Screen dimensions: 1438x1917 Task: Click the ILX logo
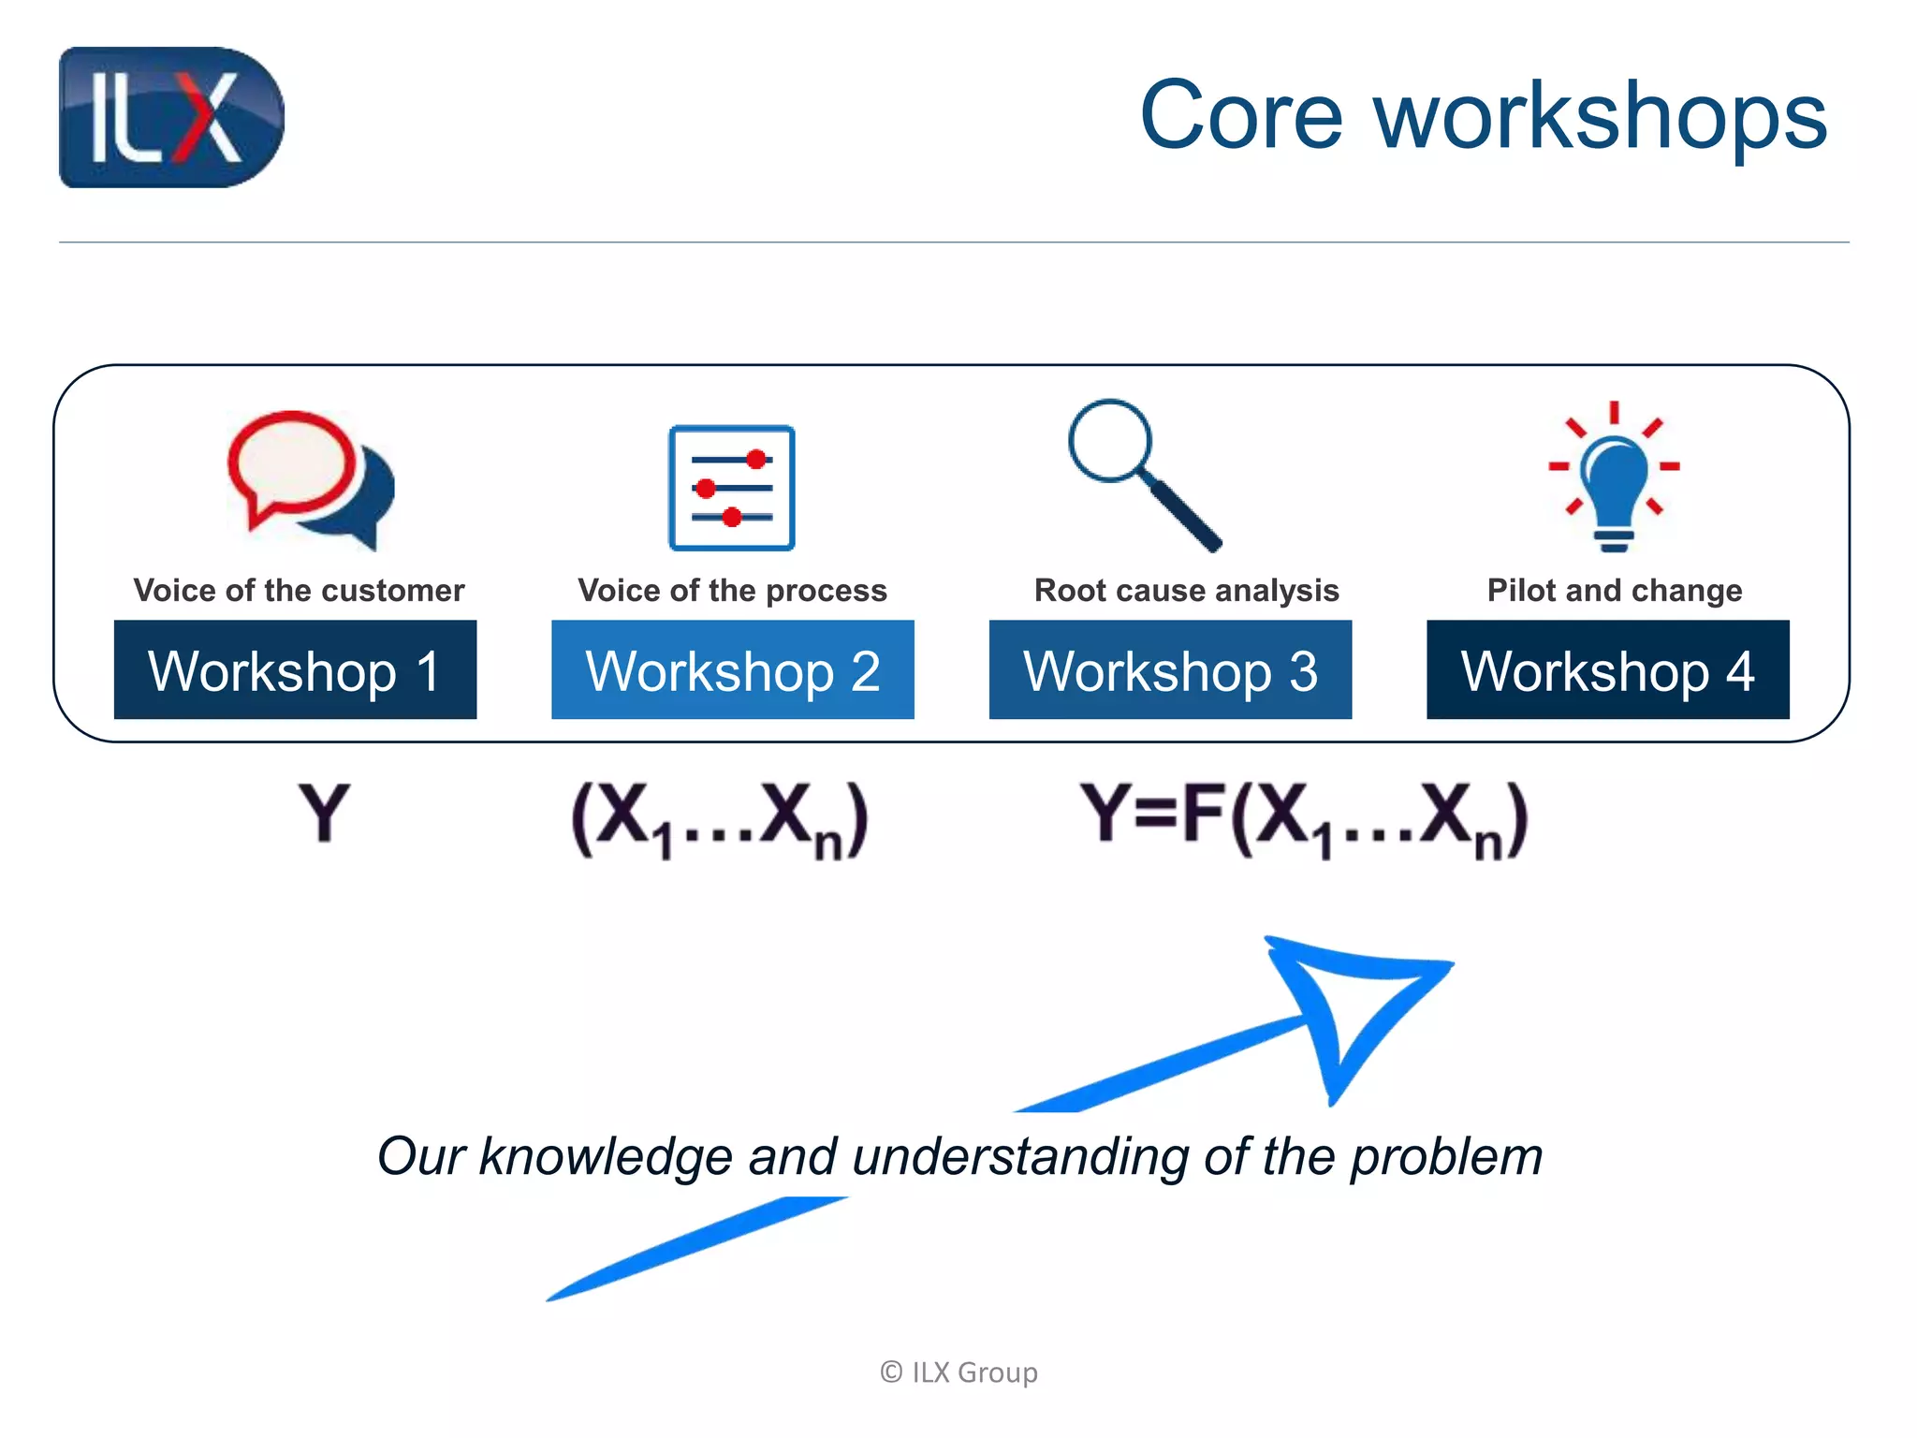[x=171, y=117]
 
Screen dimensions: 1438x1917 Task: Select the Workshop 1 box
[x=295, y=670]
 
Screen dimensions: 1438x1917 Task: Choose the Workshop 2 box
[x=732, y=670]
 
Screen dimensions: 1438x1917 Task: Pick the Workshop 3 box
[x=1170, y=670]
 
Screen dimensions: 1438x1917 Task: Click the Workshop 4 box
[x=1607, y=670]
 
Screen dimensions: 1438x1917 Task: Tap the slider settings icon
[x=732, y=488]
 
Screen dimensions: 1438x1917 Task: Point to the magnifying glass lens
[x=1110, y=441]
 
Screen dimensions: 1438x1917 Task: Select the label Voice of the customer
[x=299, y=591]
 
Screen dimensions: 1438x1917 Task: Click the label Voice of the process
[x=732, y=591]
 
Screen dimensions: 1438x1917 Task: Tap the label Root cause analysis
[x=1186, y=591]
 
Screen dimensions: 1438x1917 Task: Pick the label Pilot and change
[x=1614, y=591]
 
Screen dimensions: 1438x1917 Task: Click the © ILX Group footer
[x=958, y=1372]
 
